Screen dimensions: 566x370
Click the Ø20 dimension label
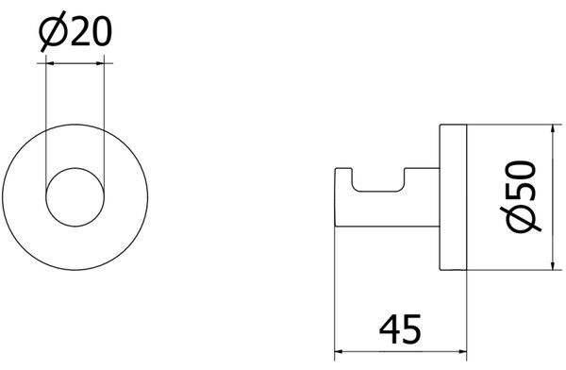pyautogui.click(x=75, y=32)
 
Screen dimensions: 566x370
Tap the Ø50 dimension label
pyautogui.click(x=520, y=195)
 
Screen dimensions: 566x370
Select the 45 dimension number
pyautogui.click(x=400, y=329)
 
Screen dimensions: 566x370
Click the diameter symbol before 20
pyautogui.click(x=54, y=32)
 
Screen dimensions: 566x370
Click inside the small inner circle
pyautogui.click(x=75, y=197)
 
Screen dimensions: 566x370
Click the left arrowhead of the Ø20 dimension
pyautogui.click(x=50, y=63)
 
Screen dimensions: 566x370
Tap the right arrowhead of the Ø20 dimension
pyautogui.click(x=100, y=63)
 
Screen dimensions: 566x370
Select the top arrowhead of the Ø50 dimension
pyautogui.click(x=553, y=128)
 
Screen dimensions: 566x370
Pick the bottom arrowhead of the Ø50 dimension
pyautogui.click(x=553, y=266)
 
